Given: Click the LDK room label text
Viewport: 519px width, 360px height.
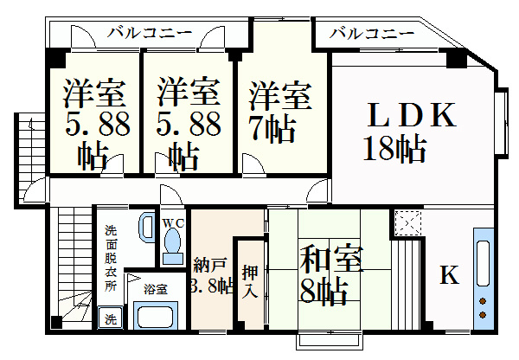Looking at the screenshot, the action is click(x=412, y=115).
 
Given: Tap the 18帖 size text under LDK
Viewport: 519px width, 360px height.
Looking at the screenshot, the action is click(x=394, y=148).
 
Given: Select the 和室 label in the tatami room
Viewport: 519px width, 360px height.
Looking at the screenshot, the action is click(x=331, y=258).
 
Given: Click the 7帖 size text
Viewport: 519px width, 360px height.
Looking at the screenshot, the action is click(x=272, y=128).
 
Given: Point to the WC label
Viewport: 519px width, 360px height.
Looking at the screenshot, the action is click(x=173, y=223).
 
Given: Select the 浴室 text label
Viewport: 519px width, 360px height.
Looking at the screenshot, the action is click(x=156, y=289).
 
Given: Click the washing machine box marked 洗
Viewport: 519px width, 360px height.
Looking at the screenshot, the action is click(x=111, y=318).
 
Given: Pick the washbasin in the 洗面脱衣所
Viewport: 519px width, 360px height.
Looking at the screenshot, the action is click(x=146, y=227).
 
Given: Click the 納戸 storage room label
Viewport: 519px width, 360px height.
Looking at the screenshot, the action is click(x=210, y=266).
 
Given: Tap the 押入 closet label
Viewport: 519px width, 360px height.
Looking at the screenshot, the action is click(x=250, y=282).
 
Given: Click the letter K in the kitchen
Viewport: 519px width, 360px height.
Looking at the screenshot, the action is click(x=449, y=275).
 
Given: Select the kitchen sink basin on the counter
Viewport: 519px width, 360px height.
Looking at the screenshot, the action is click(x=484, y=263).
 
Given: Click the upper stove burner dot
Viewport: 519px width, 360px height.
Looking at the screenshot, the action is click(x=483, y=301).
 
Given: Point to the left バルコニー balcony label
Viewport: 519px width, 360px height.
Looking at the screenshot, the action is click(x=150, y=33).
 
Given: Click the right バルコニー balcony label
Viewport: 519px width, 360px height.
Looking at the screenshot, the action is click(x=372, y=34).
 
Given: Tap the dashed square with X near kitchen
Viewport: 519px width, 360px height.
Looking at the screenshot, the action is click(x=407, y=222).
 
